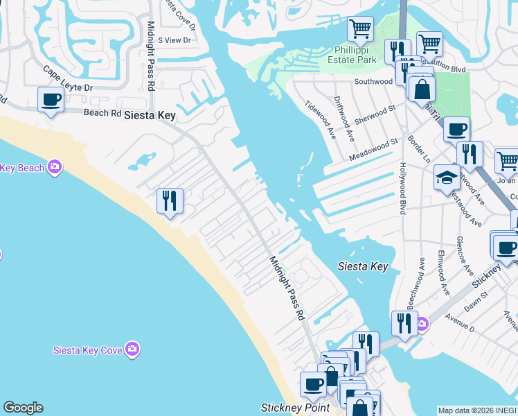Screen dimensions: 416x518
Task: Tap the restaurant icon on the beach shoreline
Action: click(170, 201)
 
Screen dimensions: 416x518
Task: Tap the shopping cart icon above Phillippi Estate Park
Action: click(360, 29)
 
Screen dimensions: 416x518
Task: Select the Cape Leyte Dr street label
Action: click(67, 79)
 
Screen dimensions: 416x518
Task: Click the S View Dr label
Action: click(174, 40)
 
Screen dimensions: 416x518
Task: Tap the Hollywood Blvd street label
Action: click(402, 189)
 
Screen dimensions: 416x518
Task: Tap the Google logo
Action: click(23, 408)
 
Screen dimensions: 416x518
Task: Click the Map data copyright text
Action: click(477, 410)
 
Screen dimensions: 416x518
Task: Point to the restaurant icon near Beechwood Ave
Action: click(404, 322)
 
